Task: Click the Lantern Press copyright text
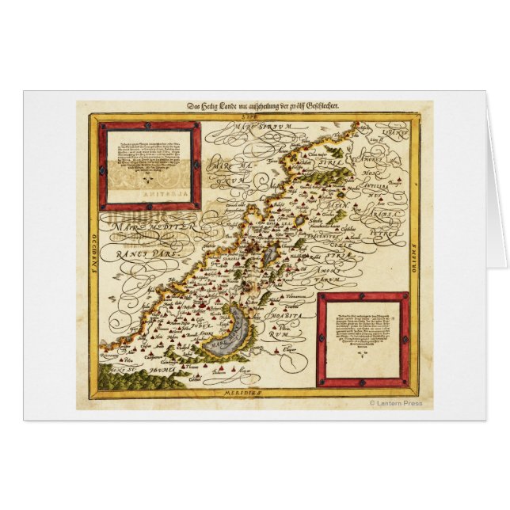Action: click(396, 403)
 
